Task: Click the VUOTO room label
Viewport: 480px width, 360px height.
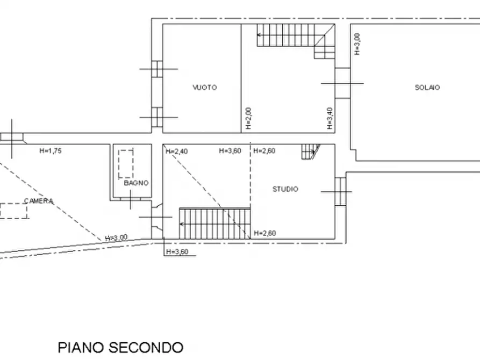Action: coord(205,88)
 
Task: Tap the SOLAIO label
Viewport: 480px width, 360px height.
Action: coord(427,88)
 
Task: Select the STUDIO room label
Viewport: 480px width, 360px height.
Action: coord(285,189)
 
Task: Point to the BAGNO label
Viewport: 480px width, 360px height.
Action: coord(136,183)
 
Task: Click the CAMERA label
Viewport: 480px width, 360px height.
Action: coord(39,201)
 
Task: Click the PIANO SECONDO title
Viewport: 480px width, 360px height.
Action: coord(120,348)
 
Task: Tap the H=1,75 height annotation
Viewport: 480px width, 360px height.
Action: coord(51,150)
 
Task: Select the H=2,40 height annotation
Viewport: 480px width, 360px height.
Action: coord(177,151)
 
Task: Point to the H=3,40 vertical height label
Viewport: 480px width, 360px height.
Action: coord(329,118)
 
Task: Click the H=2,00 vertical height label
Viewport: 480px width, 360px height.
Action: coord(248,118)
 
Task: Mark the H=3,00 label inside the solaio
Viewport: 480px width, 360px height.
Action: coord(357,44)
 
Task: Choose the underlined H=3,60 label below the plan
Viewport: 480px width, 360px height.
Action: coord(177,252)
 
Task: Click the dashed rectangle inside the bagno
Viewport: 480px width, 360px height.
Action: coord(126,164)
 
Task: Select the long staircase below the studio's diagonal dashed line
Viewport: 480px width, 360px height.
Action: coord(215,224)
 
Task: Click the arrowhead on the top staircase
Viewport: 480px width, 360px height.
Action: coord(259,35)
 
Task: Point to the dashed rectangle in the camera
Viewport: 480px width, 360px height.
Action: coord(13,211)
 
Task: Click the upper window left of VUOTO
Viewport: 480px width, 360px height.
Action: coord(157,69)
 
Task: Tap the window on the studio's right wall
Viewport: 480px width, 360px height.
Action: coord(340,192)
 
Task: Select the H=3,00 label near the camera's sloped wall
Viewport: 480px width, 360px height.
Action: coord(116,237)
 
